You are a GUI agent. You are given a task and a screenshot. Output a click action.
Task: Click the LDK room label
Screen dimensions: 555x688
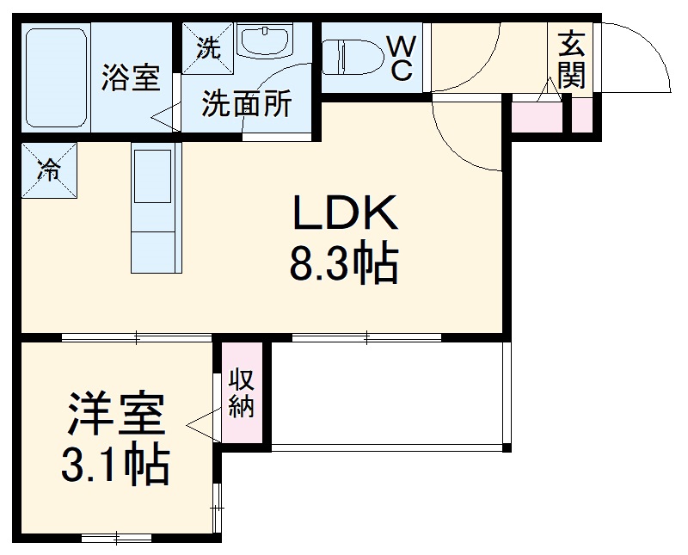pos(347,214)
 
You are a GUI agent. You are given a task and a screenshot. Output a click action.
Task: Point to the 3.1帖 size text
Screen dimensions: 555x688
pos(114,465)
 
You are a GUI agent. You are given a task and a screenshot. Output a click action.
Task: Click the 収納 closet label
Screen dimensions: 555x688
pos(242,393)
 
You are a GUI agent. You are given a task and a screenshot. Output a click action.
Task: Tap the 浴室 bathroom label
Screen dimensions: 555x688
pos(131,77)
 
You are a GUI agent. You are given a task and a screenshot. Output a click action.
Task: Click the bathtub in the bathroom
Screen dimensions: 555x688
pos(56,77)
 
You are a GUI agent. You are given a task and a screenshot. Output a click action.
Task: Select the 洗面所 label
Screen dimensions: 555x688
pos(246,104)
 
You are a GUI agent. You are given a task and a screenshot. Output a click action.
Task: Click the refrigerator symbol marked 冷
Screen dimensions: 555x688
pos(49,168)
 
